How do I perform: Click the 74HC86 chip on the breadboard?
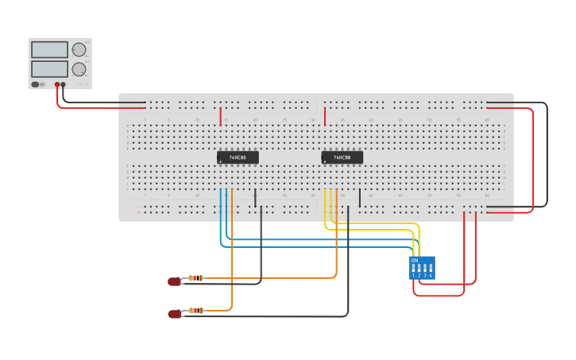point(238,157)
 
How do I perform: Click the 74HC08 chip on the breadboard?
point(342,157)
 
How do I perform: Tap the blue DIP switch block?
point(422,268)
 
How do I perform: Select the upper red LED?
point(175,281)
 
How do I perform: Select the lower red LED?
point(175,314)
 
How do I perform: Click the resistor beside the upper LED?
point(196,278)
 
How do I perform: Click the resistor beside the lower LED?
point(196,311)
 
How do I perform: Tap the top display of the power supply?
point(49,49)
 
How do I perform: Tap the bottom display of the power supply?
point(49,68)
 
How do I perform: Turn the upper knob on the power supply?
point(79,50)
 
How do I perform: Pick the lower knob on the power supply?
point(79,69)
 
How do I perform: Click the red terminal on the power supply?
point(57,84)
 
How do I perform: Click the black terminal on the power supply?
point(64,84)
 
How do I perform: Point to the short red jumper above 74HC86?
point(221,117)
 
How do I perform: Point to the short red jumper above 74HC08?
point(324,117)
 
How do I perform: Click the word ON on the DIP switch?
point(414,260)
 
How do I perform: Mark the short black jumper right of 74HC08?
point(360,197)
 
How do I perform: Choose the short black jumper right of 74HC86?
point(255,197)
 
